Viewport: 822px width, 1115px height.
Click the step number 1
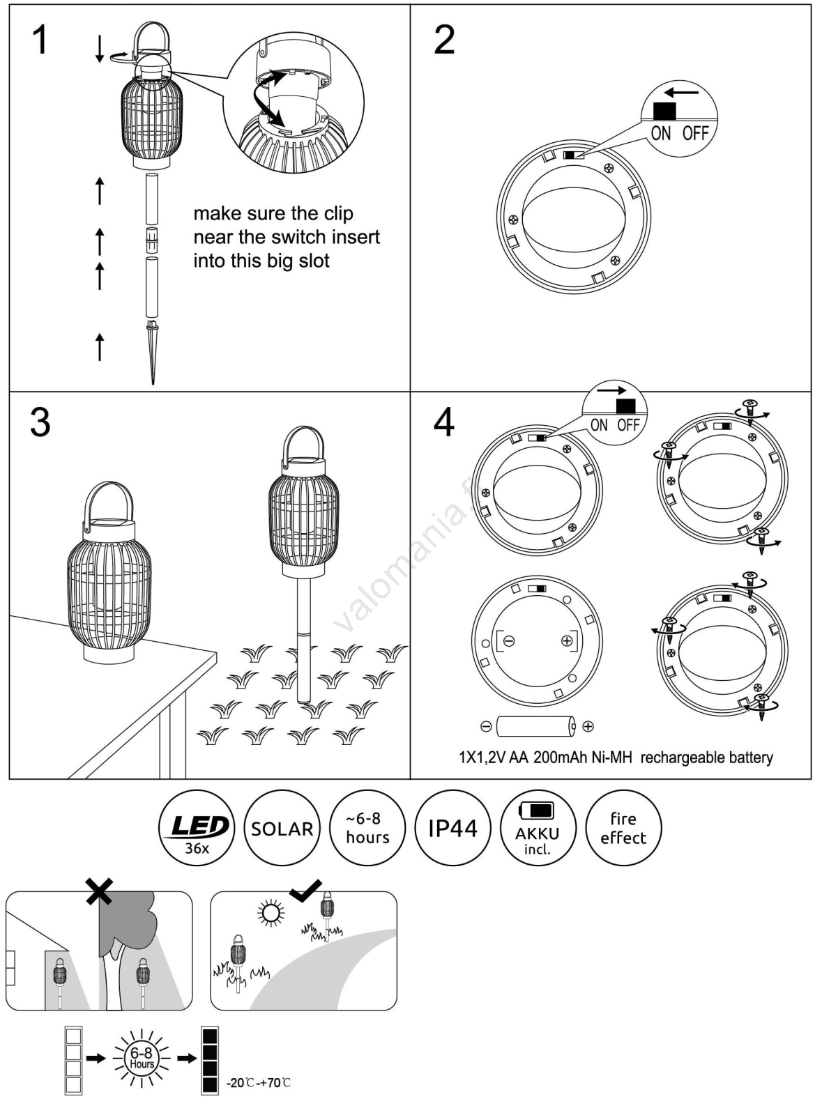coord(40,40)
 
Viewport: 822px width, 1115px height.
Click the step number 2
coord(444,40)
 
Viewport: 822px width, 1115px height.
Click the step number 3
coord(40,422)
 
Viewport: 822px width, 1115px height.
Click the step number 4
coord(444,422)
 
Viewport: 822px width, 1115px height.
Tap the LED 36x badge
coord(197,828)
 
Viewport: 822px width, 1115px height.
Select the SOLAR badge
coord(282,828)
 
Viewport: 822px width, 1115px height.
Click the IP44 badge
coord(452,828)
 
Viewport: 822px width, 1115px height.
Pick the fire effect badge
coord(623,828)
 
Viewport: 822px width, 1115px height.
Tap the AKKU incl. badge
coord(538,828)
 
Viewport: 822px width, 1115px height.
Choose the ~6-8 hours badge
coord(367,828)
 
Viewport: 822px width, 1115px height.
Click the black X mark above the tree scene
coord(99,891)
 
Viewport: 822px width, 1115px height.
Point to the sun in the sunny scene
coord(271,913)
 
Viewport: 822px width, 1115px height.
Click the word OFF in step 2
coord(695,133)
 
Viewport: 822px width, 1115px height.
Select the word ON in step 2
coord(660,133)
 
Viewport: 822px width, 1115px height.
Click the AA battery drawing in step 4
coord(536,727)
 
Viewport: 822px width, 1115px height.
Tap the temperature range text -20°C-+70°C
coord(259,1083)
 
